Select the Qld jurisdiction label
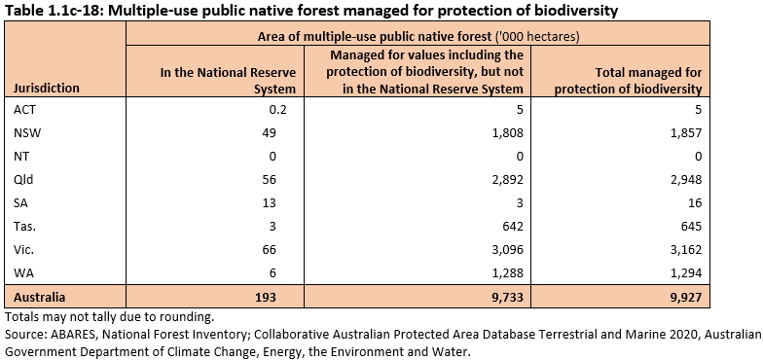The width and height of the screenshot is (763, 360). (x=24, y=179)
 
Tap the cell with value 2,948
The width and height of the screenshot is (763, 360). (x=682, y=179)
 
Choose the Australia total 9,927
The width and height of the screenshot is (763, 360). (x=682, y=295)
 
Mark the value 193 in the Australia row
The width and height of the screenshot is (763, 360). (x=265, y=295)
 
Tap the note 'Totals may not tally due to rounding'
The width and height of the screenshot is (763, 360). (x=109, y=317)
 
